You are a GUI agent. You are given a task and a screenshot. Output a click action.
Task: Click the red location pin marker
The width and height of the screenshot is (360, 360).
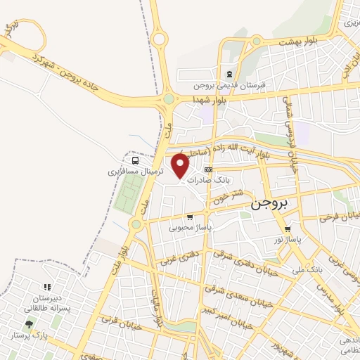pyautogui.click(x=181, y=166)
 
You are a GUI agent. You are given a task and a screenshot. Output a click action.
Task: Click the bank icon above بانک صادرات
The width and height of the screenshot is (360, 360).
pyautogui.click(x=208, y=169)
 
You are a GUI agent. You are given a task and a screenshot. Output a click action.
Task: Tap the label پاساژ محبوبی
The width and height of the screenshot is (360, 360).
pyautogui.click(x=191, y=227)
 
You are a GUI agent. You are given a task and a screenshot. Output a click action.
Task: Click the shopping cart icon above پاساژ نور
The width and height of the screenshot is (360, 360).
pyautogui.click(x=288, y=229)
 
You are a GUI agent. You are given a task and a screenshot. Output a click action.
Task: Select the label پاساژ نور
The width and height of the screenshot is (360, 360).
pyautogui.click(x=288, y=240)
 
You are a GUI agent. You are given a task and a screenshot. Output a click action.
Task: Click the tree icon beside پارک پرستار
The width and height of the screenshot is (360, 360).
pyautogui.click(x=29, y=324)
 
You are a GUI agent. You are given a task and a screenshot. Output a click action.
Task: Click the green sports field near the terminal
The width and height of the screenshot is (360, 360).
pyautogui.click(x=124, y=193)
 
